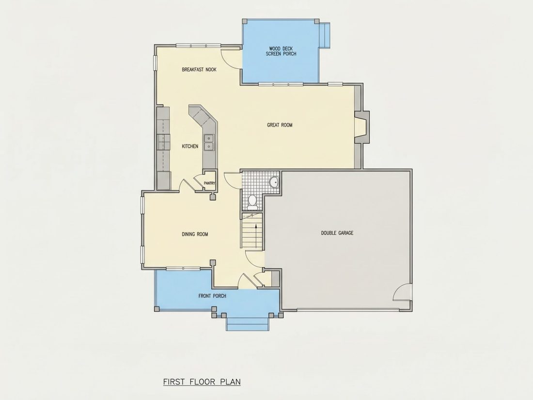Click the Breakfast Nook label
pos(199,70)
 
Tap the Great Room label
pos(280,125)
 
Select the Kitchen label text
pos(190,146)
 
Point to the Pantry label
pos(209,183)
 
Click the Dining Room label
pos(195,234)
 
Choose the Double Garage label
pos(337,233)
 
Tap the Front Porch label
pos(212,296)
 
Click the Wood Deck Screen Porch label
pos(281,51)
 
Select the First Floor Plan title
pos(202,382)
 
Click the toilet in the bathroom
pos(252,201)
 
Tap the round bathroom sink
pos(274,183)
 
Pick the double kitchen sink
pos(209,143)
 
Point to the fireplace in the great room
pos(361,127)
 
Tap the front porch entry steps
pos(248,322)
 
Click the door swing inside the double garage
pos(402,292)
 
